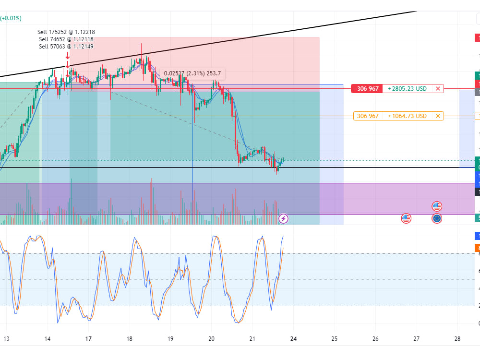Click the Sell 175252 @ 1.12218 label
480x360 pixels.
(x=66, y=32)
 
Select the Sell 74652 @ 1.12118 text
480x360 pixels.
(x=66, y=39)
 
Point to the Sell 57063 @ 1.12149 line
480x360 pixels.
(x=66, y=47)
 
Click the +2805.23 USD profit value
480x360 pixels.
(x=407, y=89)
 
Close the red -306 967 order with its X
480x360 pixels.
(x=438, y=89)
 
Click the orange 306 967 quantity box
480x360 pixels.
(x=368, y=116)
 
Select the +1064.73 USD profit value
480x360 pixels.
(x=407, y=116)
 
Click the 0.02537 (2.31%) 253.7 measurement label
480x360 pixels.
(x=192, y=73)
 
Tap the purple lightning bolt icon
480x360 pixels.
(x=284, y=218)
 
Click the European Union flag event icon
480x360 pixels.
(x=437, y=218)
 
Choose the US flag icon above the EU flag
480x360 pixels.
(x=437, y=206)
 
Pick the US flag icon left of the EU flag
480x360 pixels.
(x=406, y=218)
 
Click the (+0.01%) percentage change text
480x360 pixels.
(x=11, y=18)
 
